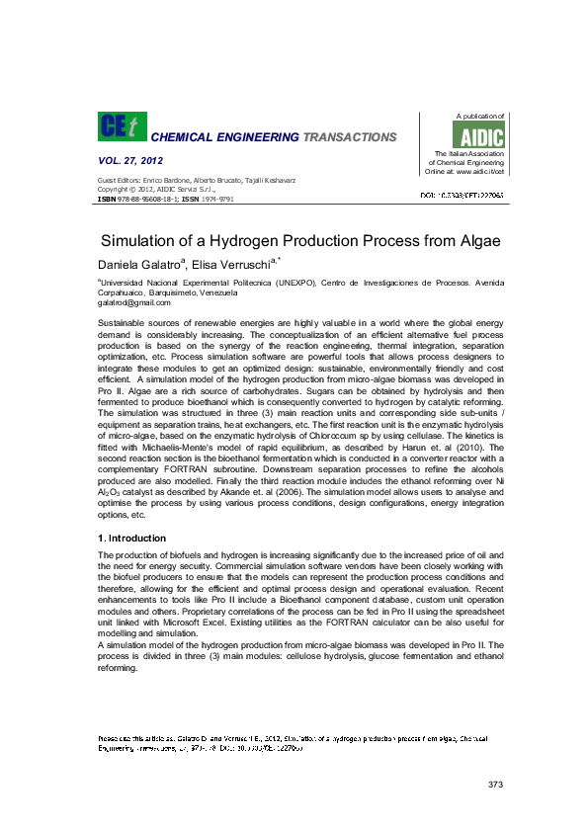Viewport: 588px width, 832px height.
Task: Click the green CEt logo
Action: tap(121, 126)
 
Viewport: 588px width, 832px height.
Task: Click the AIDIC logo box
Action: tap(485, 136)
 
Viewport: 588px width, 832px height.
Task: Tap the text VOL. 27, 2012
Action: tap(130, 160)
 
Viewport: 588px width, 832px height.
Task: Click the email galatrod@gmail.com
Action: tap(134, 303)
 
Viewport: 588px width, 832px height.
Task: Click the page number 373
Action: tap(496, 784)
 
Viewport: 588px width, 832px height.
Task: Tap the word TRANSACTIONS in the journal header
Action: tap(350, 137)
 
